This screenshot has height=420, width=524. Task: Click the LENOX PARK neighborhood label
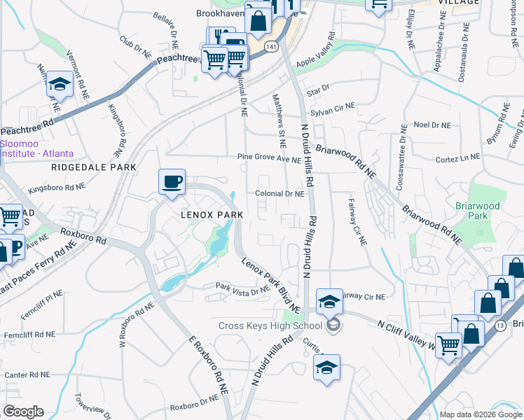point(212,214)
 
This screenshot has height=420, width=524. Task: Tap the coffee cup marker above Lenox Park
point(172,183)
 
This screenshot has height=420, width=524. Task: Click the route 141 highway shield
point(272,46)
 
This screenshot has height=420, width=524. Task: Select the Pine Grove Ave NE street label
point(269,158)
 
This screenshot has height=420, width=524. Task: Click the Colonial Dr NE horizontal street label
point(280,194)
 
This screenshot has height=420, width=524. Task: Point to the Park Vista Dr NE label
point(242,288)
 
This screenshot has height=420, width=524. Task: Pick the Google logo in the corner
point(22,412)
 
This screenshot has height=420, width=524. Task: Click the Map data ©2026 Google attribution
point(481,414)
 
